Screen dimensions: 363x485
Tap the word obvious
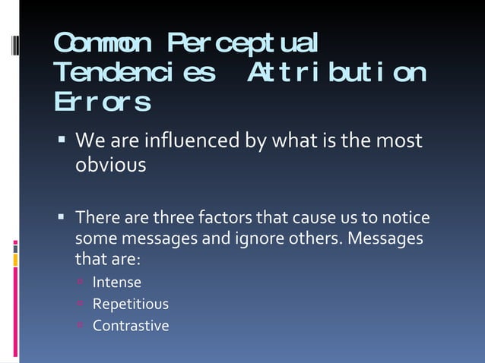coord(110,164)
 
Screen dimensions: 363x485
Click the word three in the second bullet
coord(174,219)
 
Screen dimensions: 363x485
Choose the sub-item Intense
coord(116,283)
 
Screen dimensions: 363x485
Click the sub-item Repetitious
coord(130,305)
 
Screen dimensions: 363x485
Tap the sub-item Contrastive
coord(130,326)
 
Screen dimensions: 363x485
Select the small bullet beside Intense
coord(81,283)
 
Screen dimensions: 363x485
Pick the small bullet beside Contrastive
coord(81,326)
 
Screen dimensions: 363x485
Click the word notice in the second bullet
coord(409,219)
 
